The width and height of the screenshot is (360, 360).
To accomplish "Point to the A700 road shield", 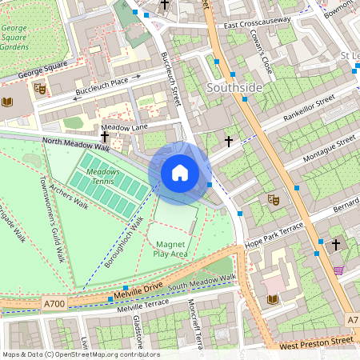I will [x=54, y=304].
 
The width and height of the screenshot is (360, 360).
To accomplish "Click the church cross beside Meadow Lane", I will [x=104, y=137].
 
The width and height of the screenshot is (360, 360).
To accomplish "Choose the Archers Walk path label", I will [x=68, y=196].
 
